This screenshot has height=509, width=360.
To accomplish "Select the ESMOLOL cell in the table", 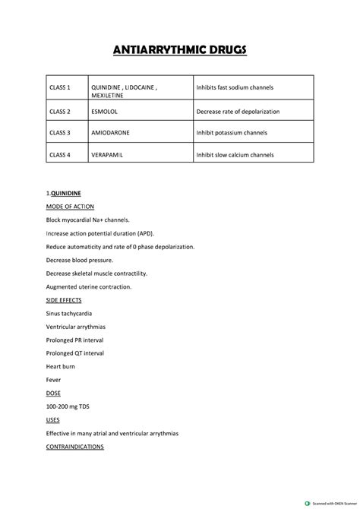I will click(x=106, y=111).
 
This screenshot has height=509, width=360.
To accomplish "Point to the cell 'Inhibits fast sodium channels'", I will click(x=235, y=88).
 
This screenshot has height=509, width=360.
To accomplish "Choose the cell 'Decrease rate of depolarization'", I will click(x=238, y=111).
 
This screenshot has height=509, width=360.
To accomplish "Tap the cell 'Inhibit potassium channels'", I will click(x=231, y=133).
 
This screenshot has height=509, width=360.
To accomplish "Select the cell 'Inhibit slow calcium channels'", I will click(x=235, y=155).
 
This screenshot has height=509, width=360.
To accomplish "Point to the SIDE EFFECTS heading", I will click(x=64, y=300).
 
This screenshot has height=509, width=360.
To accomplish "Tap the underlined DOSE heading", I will click(x=54, y=393).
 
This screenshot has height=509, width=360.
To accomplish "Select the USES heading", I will click(x=53, y=419).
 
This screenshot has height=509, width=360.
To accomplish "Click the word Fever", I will click(x=54, y=379).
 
